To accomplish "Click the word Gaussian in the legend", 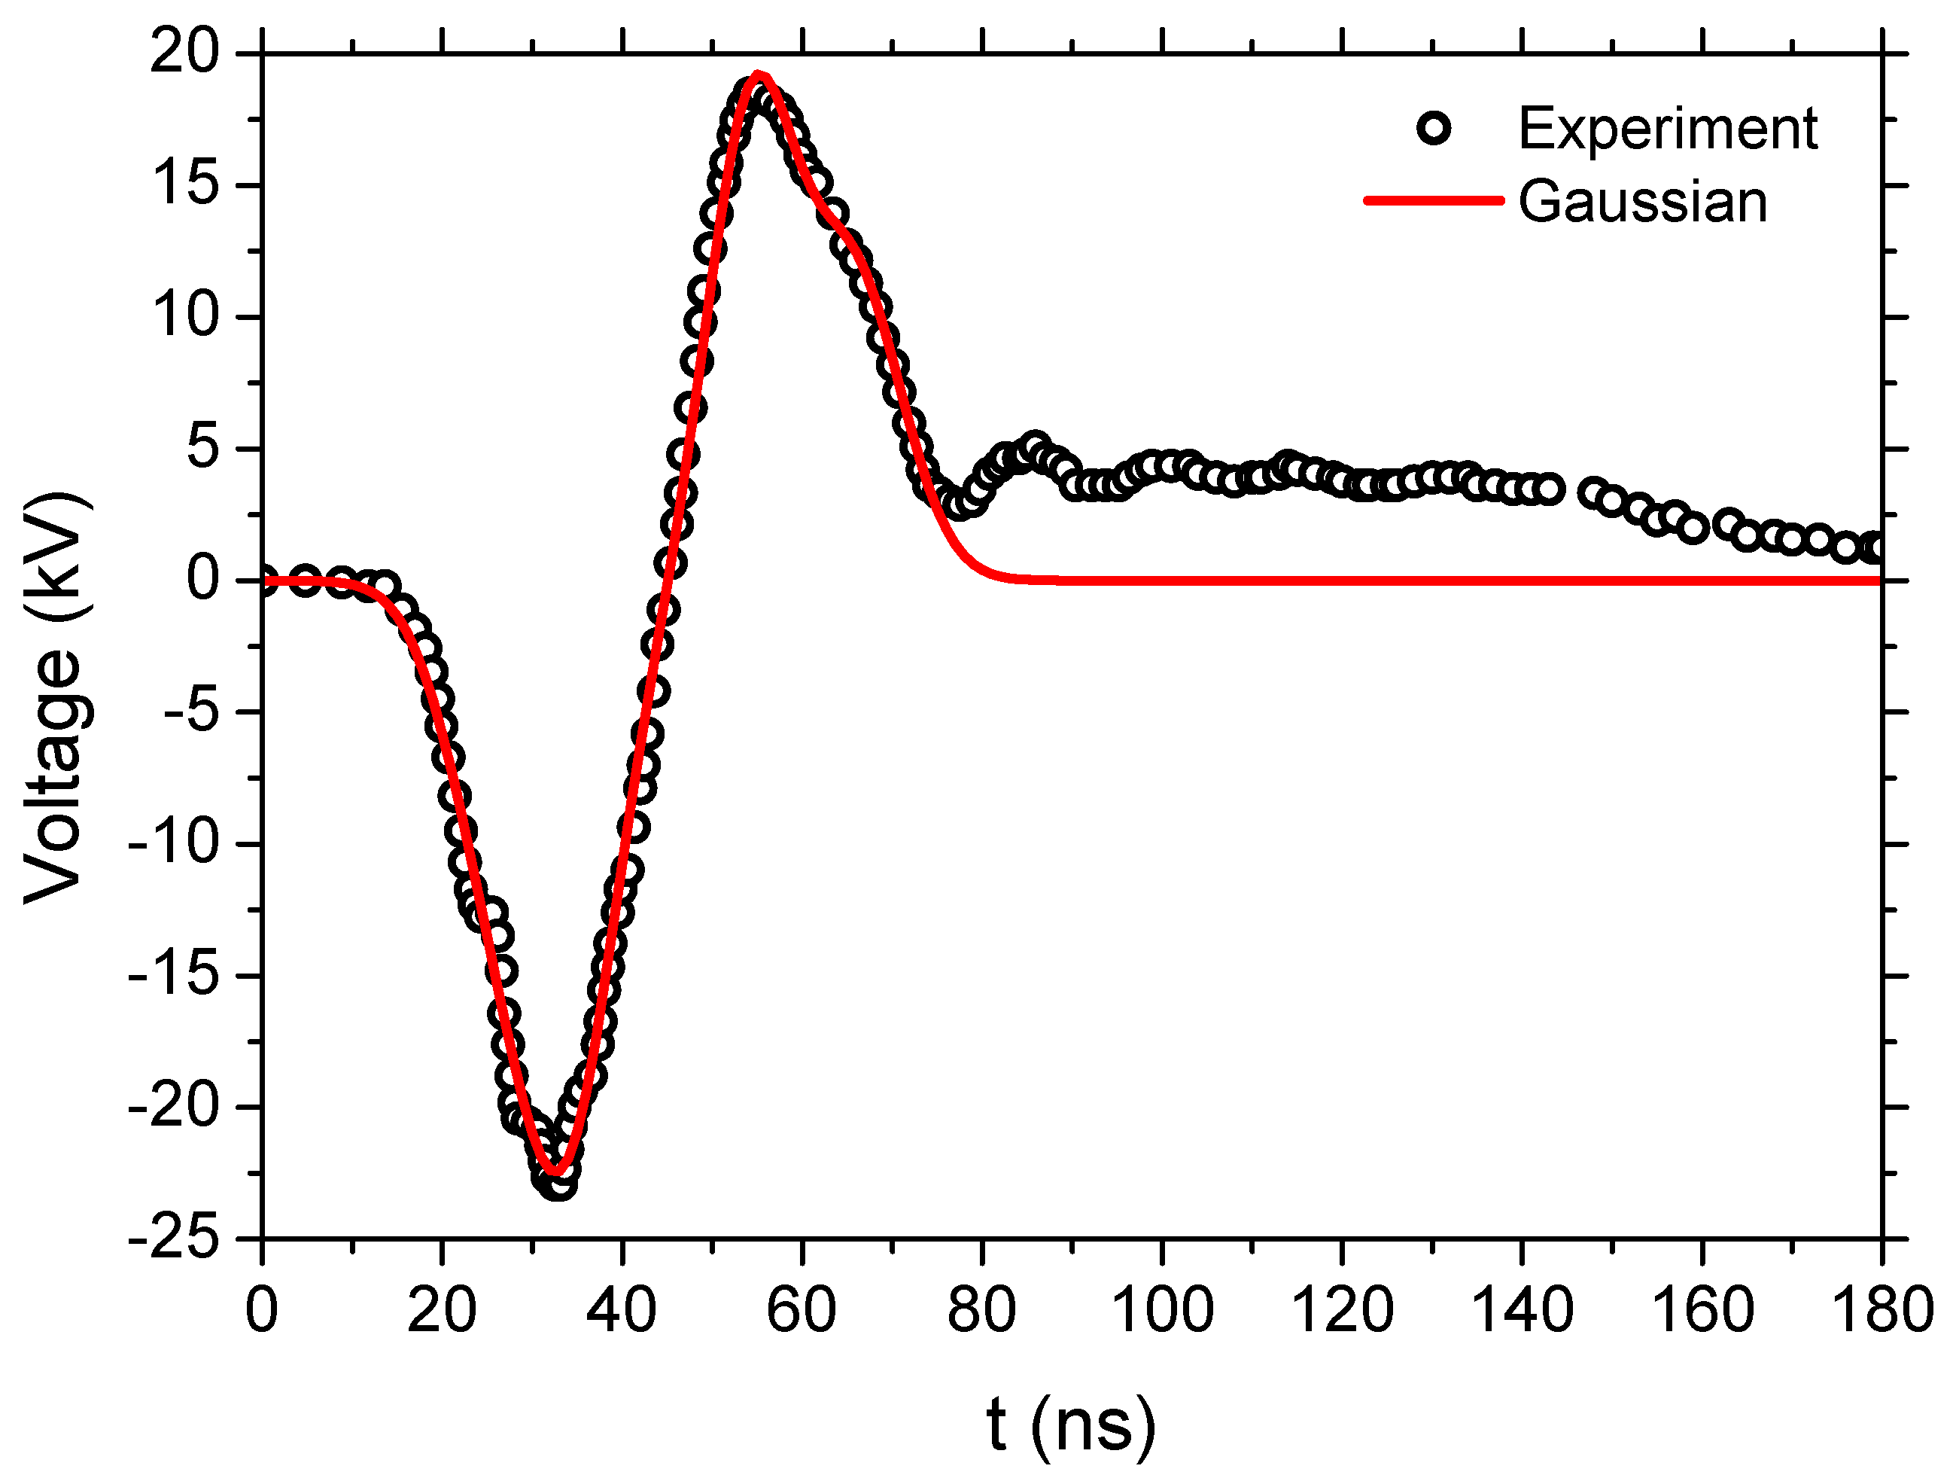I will (x=1642, y=202).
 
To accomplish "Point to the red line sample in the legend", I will (x=1434, y=201).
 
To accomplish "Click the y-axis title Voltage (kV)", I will (x=55, y=699).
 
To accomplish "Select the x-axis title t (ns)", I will (x=1071, y=1425).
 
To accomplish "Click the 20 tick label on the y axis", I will (x=184, y=54).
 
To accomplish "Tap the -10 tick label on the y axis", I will (x=173, y=844).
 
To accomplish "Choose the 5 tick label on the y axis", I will (x=202, y=449).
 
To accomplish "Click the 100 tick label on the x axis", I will (x=1161, y=1310).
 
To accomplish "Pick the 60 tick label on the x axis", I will (x=802, y=1310).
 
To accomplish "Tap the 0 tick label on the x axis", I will (x=262, y=1310).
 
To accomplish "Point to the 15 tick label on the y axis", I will (x=184, y=186).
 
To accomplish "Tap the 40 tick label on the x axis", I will (x=622, y=1310).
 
